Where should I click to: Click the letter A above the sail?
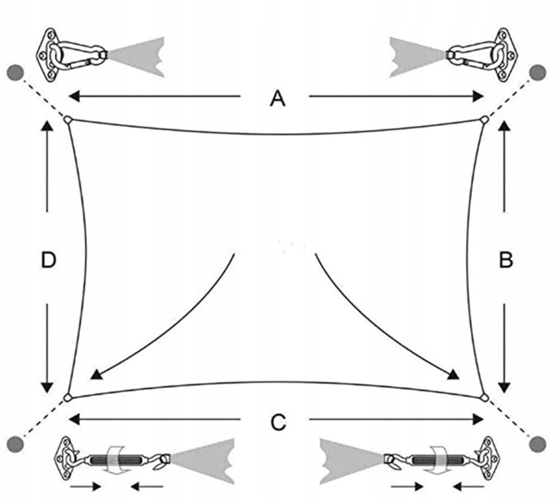(278, 98)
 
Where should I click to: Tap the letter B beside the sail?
(506, 260)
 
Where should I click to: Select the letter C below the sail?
(278, 422)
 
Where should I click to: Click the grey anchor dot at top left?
(16, 72)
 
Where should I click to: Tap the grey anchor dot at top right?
(538, 72)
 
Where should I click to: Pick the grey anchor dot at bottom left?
(17, 444)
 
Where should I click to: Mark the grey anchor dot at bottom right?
(538, 443)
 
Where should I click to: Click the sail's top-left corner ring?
(67, 120)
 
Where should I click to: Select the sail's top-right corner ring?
(484, 120)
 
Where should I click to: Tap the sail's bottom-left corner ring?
(67, 397)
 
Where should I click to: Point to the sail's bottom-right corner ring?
(484, 397)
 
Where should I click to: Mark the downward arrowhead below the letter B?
(504, 387)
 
